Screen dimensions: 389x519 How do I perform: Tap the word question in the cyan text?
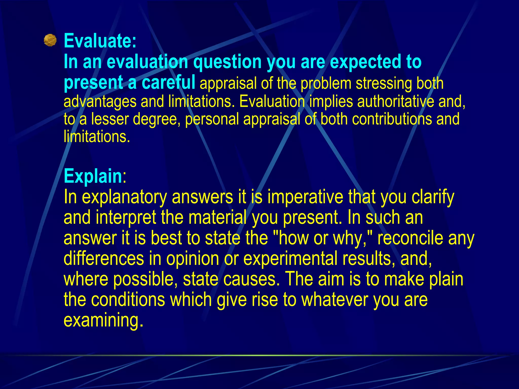(227, 62)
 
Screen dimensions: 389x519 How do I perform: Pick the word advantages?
(100, 102)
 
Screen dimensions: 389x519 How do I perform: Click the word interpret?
(126, 218)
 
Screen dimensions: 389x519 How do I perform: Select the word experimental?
(290, 259)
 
